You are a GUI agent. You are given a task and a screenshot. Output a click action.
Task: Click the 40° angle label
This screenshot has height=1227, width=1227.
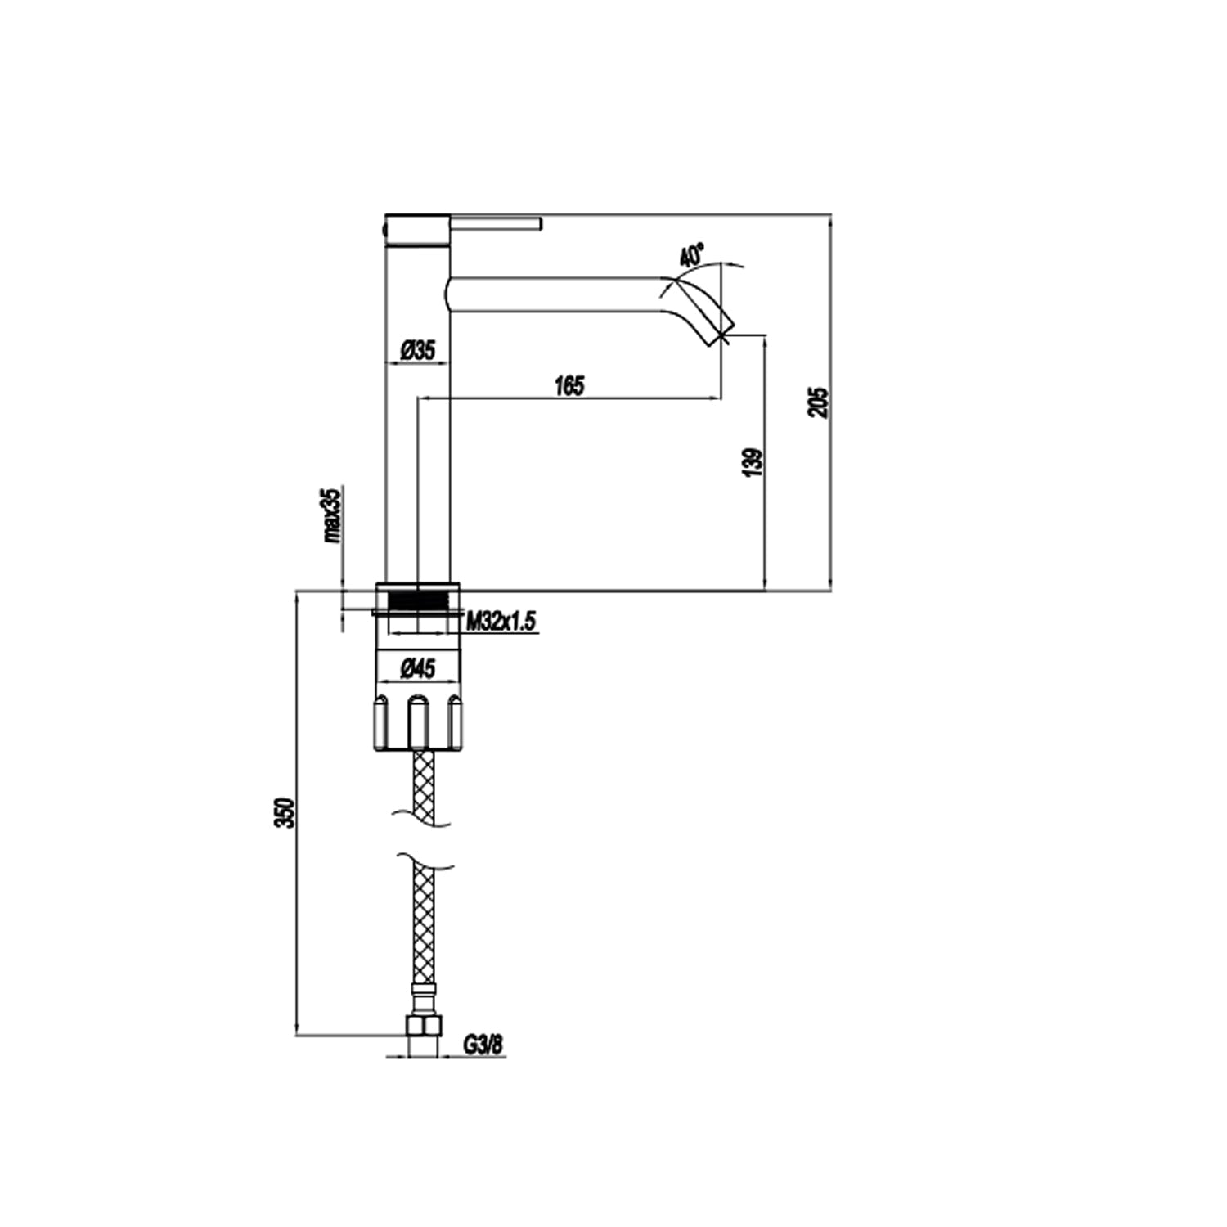click(x=692, y=254)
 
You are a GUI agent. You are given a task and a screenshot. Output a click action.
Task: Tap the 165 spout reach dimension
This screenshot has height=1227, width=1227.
click(x=569, y=385)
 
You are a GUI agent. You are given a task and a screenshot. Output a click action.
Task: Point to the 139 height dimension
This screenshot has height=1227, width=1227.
click(x=753, y=462)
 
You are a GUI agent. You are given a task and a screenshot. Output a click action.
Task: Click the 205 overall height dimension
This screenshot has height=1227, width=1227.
click(x=818, y=402)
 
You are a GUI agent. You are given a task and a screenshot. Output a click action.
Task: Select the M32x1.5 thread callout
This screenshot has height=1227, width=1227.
click(x=501, y=622)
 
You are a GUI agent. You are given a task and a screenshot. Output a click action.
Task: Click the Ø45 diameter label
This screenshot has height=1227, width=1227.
click(x=418, y=670)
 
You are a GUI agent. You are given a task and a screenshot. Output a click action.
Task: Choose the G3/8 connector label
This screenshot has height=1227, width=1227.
click(x=483, y=1045)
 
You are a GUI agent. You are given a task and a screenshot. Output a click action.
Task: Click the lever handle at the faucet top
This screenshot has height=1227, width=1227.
click(x=496, y=223)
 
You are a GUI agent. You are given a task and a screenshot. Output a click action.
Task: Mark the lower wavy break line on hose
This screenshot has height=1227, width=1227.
click(x=424, y=861)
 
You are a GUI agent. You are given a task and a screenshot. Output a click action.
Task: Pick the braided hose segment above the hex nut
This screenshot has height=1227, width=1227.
click(x=424, y=924)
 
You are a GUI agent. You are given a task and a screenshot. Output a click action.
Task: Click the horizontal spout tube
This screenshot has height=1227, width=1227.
click(x=556, y=294)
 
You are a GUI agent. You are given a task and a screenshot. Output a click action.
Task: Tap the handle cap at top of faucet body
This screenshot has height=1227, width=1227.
click(x=417, y=231)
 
